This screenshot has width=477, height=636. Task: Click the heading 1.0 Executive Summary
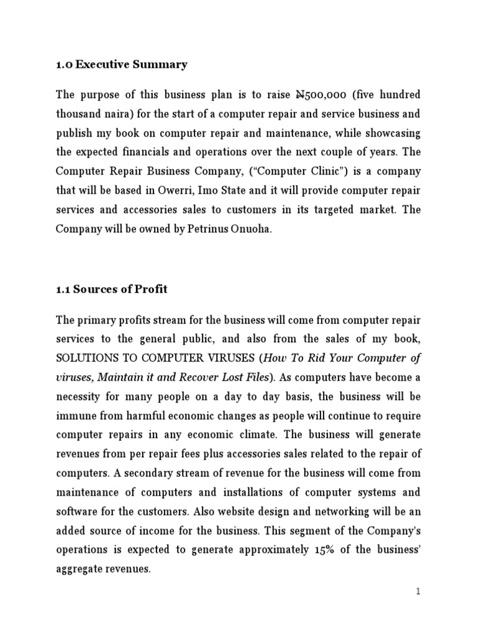[x=122, y=64]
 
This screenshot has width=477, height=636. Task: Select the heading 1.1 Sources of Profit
[x=112, y=289]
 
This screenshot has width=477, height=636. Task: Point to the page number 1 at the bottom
[x=419, y=592]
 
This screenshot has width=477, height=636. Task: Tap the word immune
[x=74, y=416]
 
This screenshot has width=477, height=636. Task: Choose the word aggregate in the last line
[x=79, y=568]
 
